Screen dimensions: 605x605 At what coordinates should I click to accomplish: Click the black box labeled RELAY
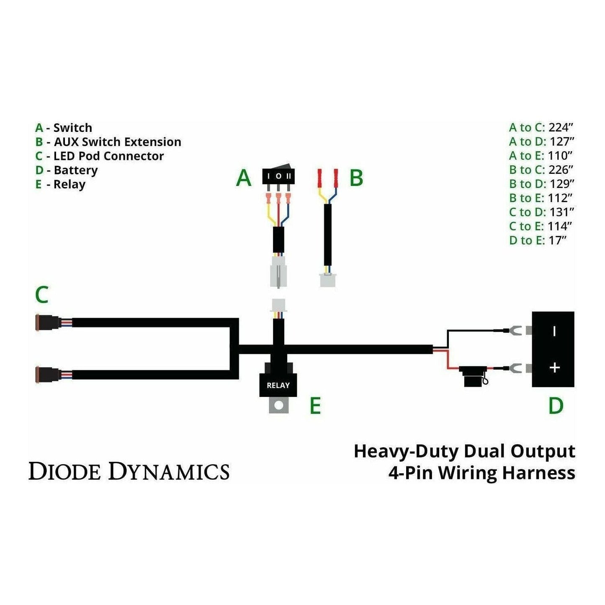click(x=278, y=384)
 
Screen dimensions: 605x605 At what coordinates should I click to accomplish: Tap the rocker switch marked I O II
click(x=278, y=176)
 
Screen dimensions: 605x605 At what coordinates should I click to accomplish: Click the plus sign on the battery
click(x=555, y=368)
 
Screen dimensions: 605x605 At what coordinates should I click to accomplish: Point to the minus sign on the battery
click(x=554, y=331)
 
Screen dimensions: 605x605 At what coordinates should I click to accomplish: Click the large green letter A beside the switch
click(x=244, y=178)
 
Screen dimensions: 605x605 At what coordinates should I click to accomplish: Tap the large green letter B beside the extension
click(x=356, y=178)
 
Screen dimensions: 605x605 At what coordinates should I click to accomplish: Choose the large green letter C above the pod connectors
click(x=42, y=295)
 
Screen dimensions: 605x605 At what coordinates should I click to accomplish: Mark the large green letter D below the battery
click(x=556, y=406)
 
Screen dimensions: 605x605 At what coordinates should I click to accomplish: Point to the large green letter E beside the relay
click(x=315, y=406)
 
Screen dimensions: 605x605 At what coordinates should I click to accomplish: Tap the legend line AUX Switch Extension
click(x=117, y=142)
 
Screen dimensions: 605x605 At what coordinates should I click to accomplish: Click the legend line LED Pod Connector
click(x=108, y=156)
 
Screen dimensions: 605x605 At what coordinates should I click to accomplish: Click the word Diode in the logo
click(x=64, y=471)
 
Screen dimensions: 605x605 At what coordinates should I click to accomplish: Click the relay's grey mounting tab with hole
click(x=278, y=405)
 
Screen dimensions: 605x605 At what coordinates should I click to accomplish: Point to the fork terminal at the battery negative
click(x=515, y=331)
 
